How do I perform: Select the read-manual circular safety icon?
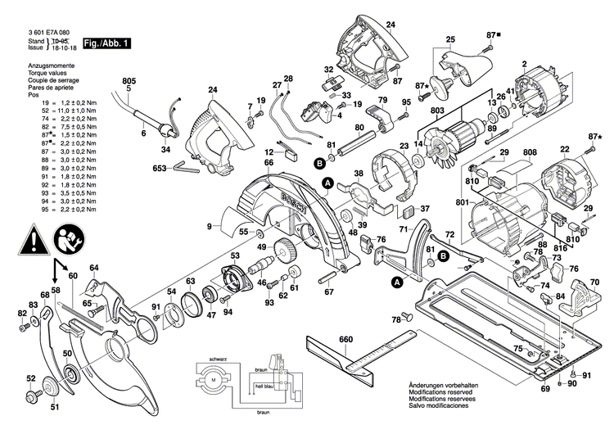(68, 240)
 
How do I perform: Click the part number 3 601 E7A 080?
(38, 31)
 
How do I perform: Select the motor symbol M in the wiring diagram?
(210, 382)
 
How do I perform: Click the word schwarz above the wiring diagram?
(217, 359)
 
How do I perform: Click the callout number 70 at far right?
(594, 281)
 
